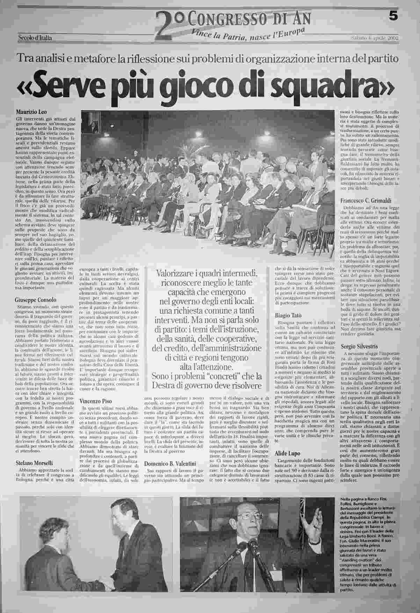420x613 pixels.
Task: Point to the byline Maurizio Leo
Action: [30, 113]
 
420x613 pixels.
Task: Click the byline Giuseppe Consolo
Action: [36, 300]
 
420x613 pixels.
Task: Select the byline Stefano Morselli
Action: [34, 463]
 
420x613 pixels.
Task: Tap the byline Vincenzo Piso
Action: [96, 401]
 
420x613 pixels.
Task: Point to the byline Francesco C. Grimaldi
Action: [365, 201]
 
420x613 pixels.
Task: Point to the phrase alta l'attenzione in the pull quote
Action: [208, 367]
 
